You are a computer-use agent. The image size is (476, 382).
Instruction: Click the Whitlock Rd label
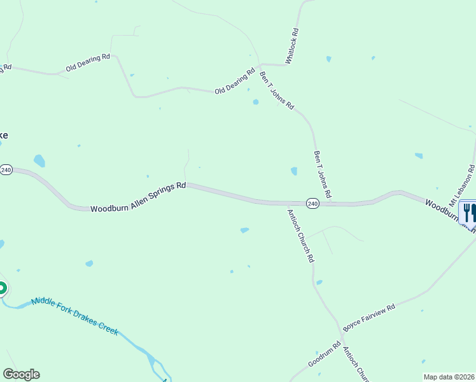(292, 46)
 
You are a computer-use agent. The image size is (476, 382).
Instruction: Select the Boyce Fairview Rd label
(369, 316)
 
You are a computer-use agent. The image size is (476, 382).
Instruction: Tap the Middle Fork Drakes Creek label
(75, 315)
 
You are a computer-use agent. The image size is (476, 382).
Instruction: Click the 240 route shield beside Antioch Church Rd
(312, 203)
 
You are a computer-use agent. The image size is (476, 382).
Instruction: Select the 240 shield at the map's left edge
(6, 170)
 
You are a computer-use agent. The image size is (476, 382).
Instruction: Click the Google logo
(21, 374)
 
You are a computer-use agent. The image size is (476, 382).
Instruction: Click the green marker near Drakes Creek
(2, 289)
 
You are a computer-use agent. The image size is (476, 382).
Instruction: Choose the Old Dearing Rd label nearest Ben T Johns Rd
(235, 81)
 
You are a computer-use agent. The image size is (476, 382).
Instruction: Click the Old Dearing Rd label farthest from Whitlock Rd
(88, 63)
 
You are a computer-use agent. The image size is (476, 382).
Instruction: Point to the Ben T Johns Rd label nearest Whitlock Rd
(277, 90)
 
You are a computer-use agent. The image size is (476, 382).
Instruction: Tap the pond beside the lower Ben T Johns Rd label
(294, 171)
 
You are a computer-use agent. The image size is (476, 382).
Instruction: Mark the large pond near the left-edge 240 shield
(39, 160)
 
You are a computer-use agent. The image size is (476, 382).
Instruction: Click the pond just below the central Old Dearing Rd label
(256, 102)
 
